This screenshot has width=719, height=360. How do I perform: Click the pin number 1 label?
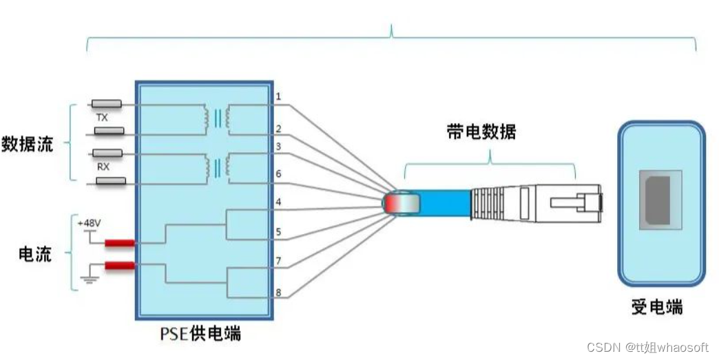(278, 96)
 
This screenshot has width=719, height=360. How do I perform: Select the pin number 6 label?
(278, 174)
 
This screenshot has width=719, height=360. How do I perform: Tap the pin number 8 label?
(278, 293)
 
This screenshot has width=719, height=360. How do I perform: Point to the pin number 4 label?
(278, 202)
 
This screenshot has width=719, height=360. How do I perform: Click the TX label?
(102, 118)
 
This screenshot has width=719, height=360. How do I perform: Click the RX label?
(102, 167)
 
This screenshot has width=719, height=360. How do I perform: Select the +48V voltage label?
(88, 224)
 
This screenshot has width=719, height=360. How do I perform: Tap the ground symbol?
(89, 279)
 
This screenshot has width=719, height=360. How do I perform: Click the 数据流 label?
(28, 145)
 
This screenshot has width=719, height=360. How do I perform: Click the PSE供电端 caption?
(200, 335)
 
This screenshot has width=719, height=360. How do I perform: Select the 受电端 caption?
(657, 307)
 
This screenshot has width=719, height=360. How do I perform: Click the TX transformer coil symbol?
(217, 118)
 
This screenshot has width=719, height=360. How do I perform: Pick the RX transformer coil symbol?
(217, 167)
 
